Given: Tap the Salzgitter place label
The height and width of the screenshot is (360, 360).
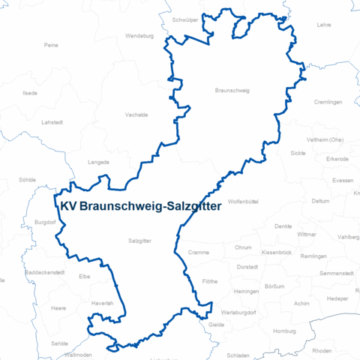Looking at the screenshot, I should coord(140,241).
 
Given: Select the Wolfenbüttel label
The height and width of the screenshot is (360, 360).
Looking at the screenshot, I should coord(243,202).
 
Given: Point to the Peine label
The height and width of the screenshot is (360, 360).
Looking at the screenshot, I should coord(51,45).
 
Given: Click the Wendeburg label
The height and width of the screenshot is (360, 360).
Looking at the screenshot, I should coord(139,35).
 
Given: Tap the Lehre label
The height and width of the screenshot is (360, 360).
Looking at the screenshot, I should coord(324,25).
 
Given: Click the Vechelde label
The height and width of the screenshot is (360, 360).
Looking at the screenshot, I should coord(136,115).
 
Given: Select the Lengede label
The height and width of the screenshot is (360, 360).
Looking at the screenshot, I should coord(98,161).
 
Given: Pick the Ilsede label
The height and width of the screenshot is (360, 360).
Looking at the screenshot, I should coord(30,93).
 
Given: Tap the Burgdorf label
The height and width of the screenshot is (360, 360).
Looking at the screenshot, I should coord(46,222).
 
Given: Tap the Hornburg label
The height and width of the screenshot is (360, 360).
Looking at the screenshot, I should coord(285,331).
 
